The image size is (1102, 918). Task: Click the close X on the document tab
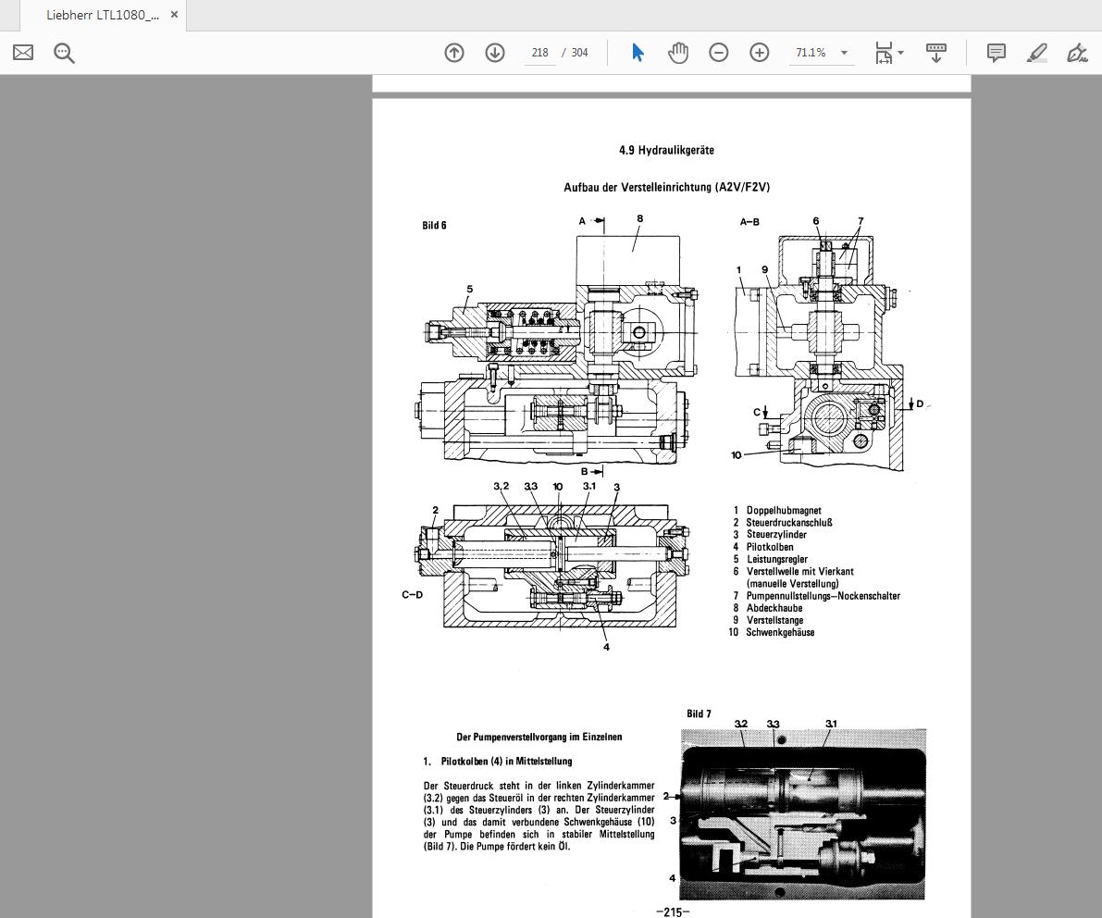click(x=174, y=15)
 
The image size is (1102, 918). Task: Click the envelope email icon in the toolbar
click(x=23, y=53)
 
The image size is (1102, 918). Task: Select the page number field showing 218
click(x=539, y=53)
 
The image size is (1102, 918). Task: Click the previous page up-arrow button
click(x=454, y=53)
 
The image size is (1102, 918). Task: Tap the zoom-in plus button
click(x=760, y=53)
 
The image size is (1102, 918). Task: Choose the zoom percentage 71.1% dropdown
click(x=820, y=53)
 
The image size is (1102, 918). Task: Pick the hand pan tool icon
click(x=678, y=53)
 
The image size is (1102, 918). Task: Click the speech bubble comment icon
click(x=997, y=53)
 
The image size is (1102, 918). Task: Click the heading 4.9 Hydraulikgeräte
click(x=666, y=150)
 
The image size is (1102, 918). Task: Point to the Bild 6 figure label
click(x=435, y=226)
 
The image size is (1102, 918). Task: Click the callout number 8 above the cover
click(x=639, y=219)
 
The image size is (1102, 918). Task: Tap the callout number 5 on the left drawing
click(x=470, y=290)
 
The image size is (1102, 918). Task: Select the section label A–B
click(x=749, y=222)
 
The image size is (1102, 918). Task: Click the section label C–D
click(x=412, y=594)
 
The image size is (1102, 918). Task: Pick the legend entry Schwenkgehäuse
click(x=780, y=632)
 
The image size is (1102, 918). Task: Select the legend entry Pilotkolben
click(x=770, y=547)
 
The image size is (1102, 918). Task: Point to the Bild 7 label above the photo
click(x=699, y=713)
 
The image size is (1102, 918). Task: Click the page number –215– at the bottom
click(x=673, y=912)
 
